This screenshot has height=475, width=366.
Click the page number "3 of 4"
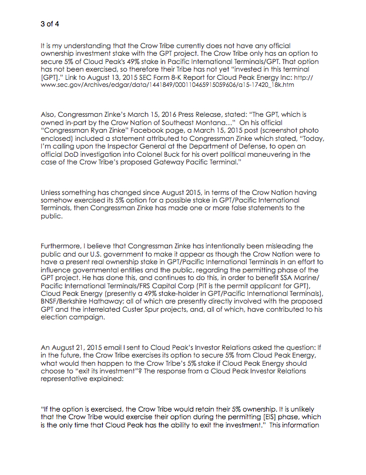pyautogui.click(x=50, y=24)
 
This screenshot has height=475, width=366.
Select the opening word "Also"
pyautogui.click(x=49, y=117)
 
